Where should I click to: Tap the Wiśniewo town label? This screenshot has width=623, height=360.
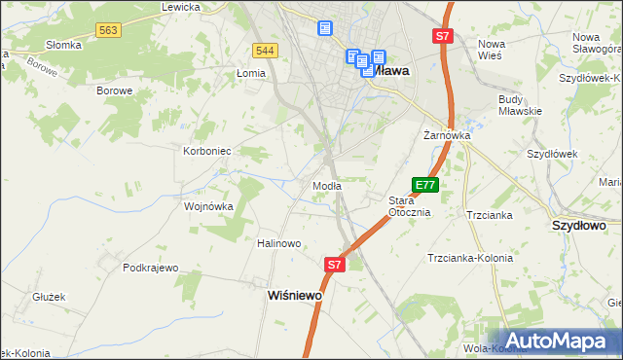click(295, 295)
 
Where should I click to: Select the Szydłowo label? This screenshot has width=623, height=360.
click(579, 225)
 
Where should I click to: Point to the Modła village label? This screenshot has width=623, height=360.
click(326, 186)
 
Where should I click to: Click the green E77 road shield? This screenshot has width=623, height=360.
click(425, 184)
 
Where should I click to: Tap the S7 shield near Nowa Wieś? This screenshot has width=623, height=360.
click(443, 36)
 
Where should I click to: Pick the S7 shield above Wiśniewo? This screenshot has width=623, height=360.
click(334, 264)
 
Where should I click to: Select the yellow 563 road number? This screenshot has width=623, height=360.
click(108, 31)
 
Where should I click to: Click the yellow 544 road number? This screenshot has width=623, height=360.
click(263, 50)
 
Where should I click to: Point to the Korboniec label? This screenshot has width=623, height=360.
click(206, 151)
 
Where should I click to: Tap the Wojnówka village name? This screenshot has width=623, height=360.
click(209, 206)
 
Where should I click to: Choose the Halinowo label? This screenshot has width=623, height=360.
click(279, 243)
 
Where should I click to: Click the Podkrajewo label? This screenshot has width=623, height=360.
click(151, 268)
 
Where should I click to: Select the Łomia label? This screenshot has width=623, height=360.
click(251, 73)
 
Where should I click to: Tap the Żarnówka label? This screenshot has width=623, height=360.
click(447, 135)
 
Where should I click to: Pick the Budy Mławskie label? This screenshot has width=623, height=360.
click(519, 105)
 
